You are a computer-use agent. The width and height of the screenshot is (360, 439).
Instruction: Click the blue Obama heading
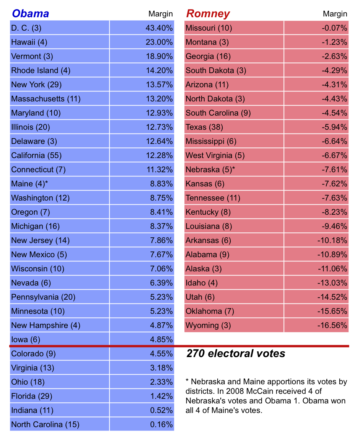click(x=30, y=14)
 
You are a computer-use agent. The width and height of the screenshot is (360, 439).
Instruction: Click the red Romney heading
click(x=208, y=14)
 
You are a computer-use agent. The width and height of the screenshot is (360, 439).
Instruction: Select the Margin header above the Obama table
click(x=160, y=14)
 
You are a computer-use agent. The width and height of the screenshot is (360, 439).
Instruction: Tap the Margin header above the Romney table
click(x=335, y=14)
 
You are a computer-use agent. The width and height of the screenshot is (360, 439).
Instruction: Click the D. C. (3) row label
click(x=26, y=28)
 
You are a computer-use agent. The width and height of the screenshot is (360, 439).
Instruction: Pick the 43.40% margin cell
click(x=159, y=28)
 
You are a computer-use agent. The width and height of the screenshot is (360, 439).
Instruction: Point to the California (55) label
click(x=36, y=155)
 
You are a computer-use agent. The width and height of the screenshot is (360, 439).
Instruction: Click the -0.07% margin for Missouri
click(x=335, y=28)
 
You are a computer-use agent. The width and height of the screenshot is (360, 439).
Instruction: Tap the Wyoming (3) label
click(x=208, y=325)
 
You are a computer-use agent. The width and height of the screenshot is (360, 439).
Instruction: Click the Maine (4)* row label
click(x=29, y=184)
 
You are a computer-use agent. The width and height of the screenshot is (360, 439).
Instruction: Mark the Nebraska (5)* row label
click(x=210, y=170)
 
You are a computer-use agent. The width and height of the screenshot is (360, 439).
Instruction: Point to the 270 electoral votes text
click(x=236, y=353)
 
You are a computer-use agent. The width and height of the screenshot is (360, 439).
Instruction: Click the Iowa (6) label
click(x=26, y=339)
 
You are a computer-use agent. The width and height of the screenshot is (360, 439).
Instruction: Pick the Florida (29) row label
click(x=32, y=396)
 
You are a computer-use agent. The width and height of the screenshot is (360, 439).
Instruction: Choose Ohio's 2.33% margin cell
click(x=161, y=382)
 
